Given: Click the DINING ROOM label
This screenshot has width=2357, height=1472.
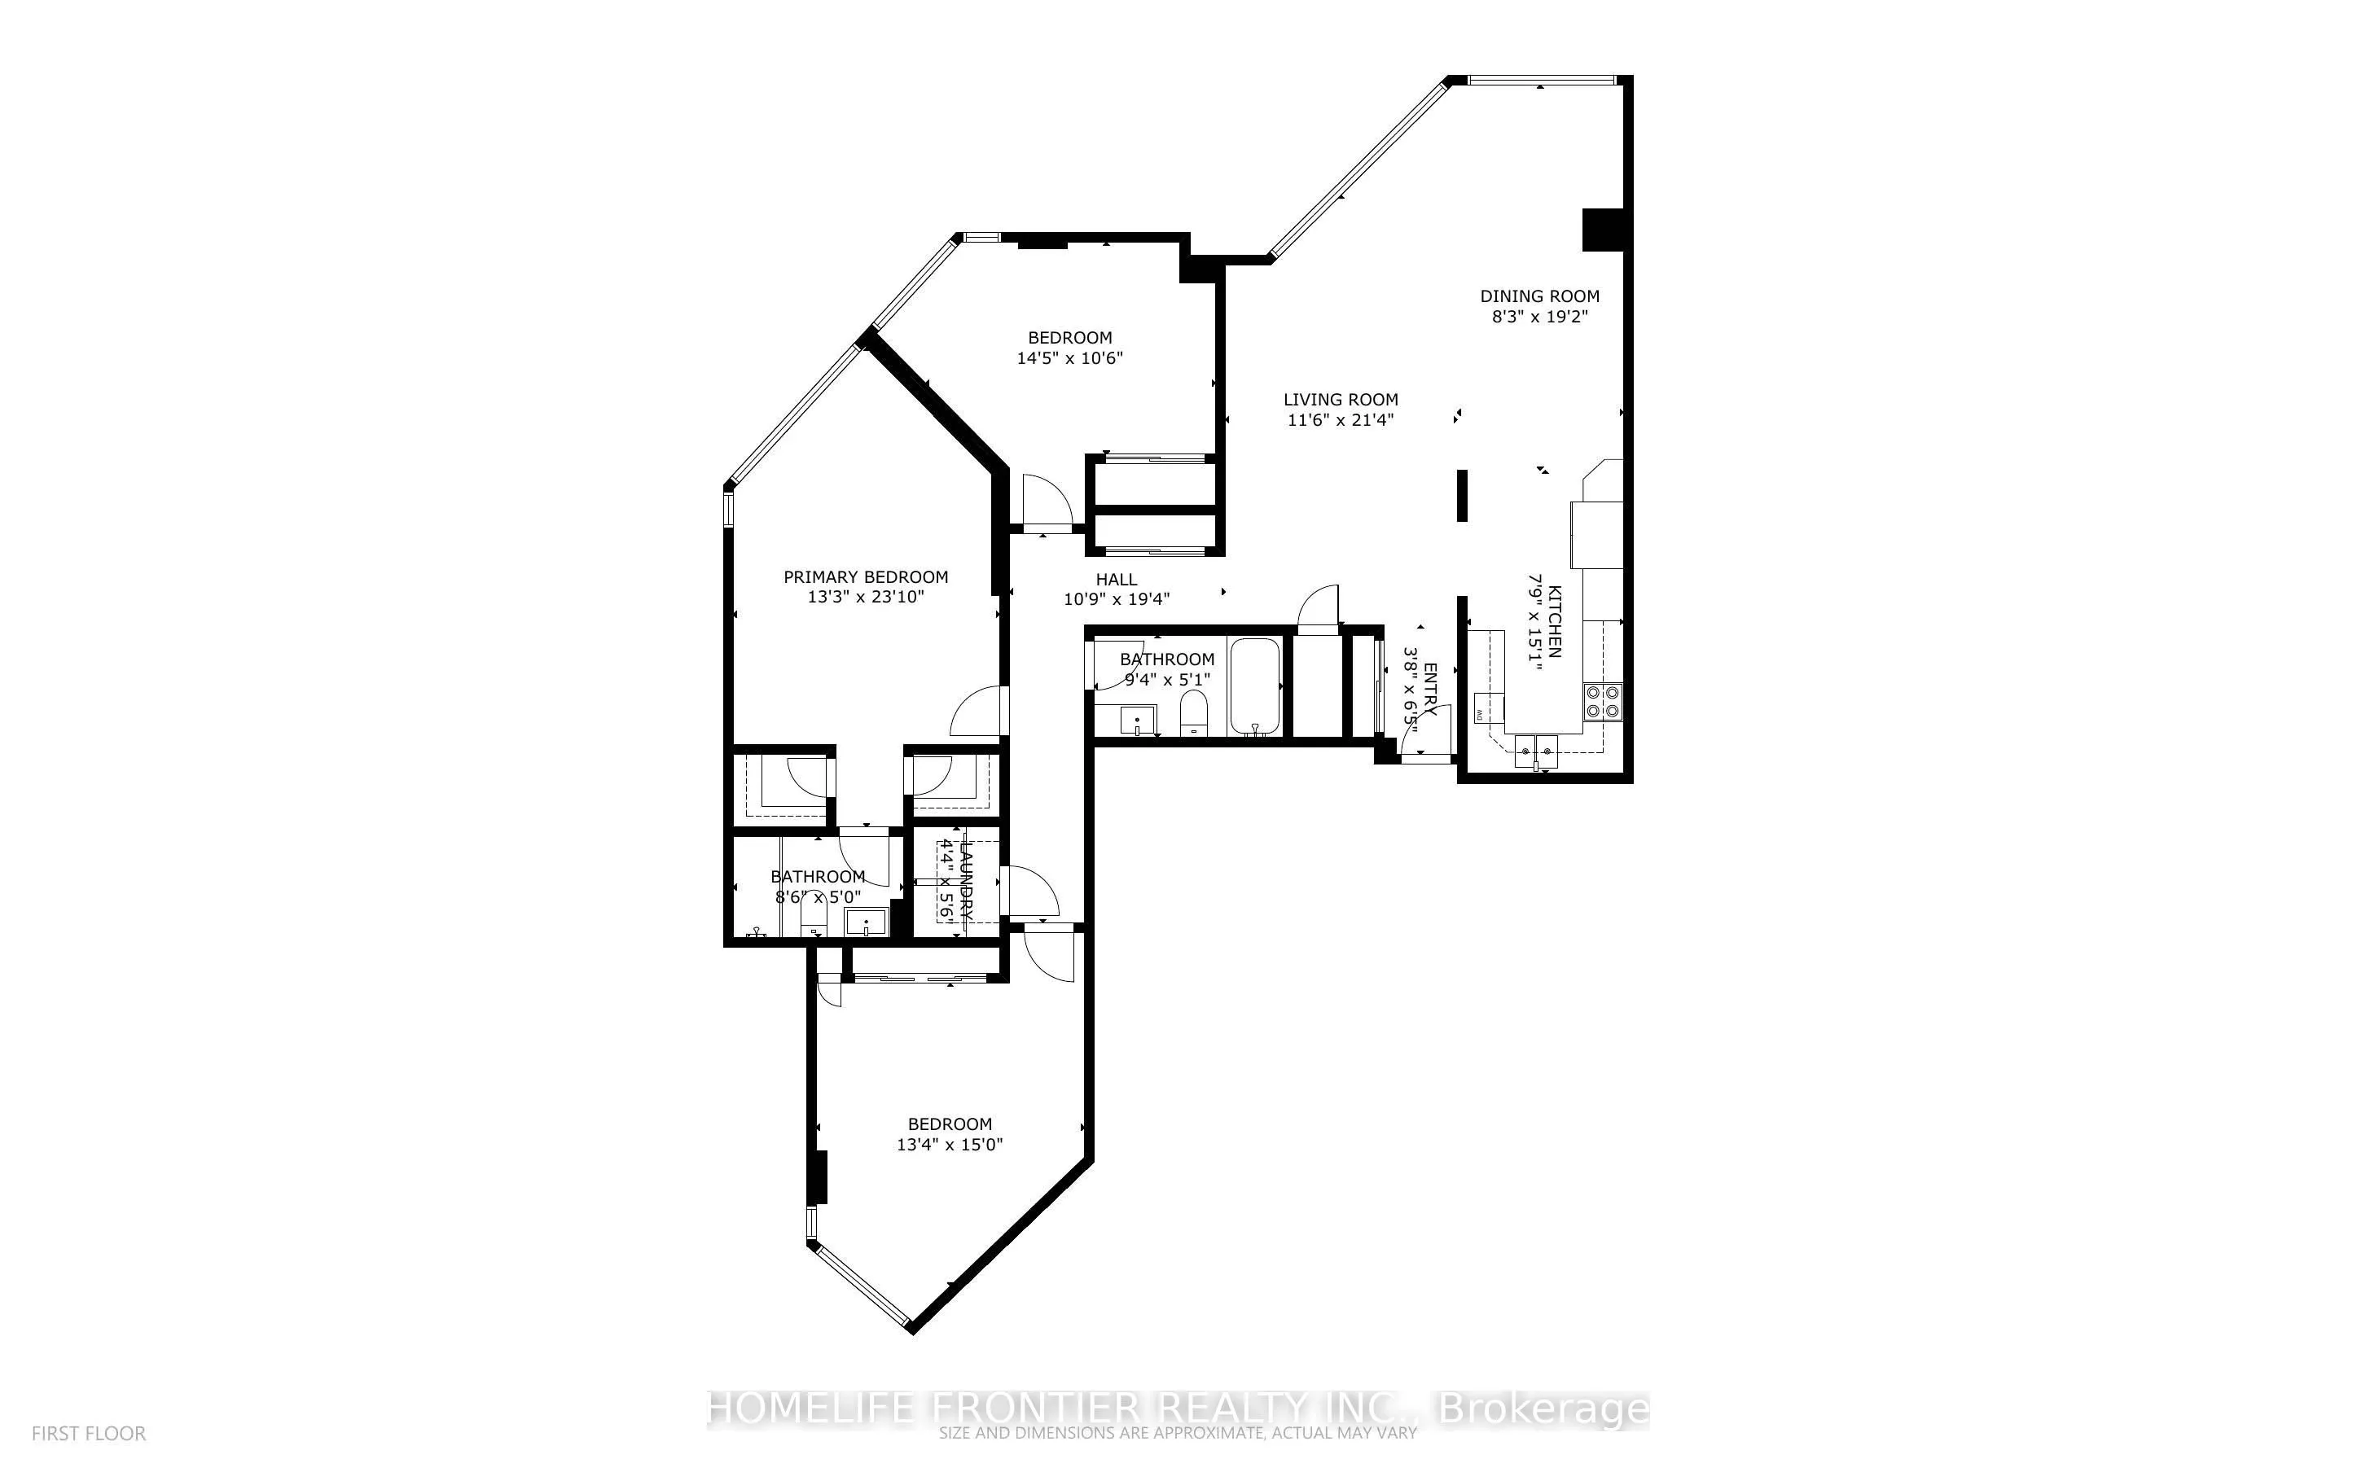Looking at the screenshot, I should (x=1539, y=296).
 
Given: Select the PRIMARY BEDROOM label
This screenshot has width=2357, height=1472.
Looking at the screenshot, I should (x=866, y=577).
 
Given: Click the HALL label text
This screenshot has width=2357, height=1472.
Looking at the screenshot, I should (x=1117, y=579).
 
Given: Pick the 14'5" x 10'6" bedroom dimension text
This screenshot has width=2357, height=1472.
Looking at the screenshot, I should (x=1070, y=358).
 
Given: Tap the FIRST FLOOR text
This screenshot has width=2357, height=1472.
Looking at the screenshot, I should (x=89, y=1434).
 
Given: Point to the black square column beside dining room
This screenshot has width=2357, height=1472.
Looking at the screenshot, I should (x=1601, y=230).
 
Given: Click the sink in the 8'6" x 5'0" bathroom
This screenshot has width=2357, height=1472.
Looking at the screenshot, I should (x=866, y=921).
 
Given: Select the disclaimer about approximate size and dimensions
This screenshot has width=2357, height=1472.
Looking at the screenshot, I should (x=1177, y=1434).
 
